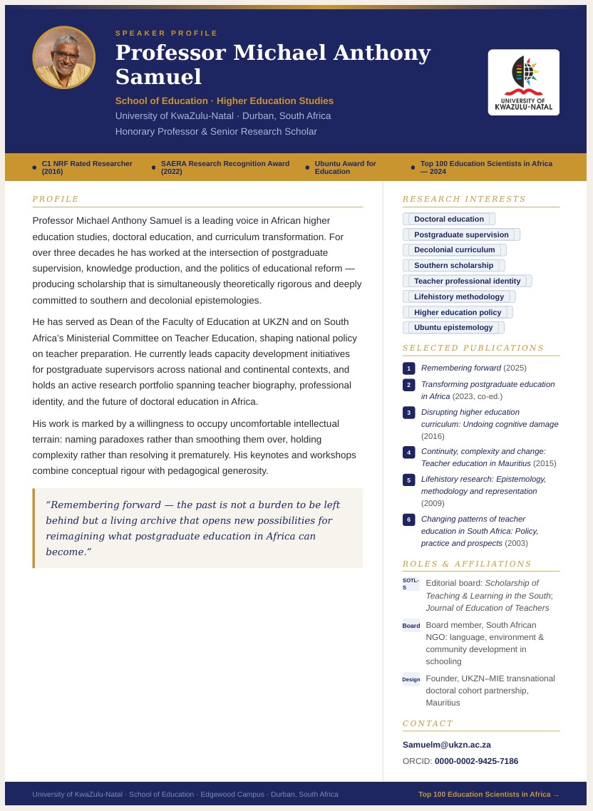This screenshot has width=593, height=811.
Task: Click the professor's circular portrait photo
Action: (x=63, y=58)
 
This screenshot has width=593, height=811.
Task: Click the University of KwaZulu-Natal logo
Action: (x=523, y=82)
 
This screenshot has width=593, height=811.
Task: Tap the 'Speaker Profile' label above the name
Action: (x=167, y=33)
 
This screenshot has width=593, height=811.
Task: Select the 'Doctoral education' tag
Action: (x=448, y=219)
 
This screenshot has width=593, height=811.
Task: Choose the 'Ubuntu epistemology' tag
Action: (x=453, y=327)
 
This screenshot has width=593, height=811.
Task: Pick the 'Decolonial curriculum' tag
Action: (x=454, y=249)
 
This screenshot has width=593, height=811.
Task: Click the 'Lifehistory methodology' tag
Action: (x=458, y=296)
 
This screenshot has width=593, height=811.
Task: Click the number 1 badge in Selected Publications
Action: (x=408, y=368)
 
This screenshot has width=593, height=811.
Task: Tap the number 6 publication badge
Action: (x=408, y=520)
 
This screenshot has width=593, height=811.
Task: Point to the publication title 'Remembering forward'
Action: (x=460, y=368)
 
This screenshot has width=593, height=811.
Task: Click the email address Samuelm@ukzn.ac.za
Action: (x=446, y=745)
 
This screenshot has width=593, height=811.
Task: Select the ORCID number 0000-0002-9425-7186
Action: (x=476, y=761)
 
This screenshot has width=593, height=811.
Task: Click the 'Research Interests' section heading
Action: (x=463, y=199)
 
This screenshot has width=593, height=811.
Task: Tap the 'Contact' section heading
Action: (x=428, y=723)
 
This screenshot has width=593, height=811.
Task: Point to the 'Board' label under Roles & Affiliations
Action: (x=411, y=626)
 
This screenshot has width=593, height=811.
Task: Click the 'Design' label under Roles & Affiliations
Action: (x=411, y=679)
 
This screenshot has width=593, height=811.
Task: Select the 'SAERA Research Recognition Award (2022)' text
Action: (x=225, y=167)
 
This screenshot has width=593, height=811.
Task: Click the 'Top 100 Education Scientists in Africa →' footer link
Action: (x=488, y=794)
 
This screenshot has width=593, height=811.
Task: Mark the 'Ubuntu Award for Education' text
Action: (x=346, y=167)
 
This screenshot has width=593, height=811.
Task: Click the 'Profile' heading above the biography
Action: (x=56, y=199)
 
